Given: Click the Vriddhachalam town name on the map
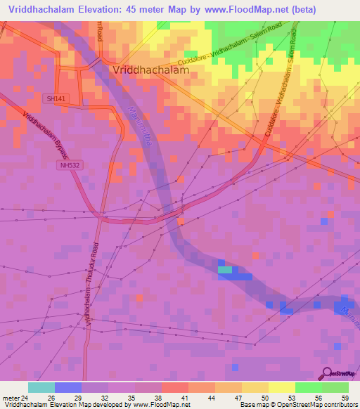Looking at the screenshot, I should [150, 71].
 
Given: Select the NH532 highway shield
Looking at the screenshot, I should [67, 165].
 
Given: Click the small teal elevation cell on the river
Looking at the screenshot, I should [224, 269].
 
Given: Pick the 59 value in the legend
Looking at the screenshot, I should [345, 397].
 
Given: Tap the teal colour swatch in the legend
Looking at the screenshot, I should [41, 387].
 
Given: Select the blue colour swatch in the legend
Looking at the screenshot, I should [68, 387].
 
